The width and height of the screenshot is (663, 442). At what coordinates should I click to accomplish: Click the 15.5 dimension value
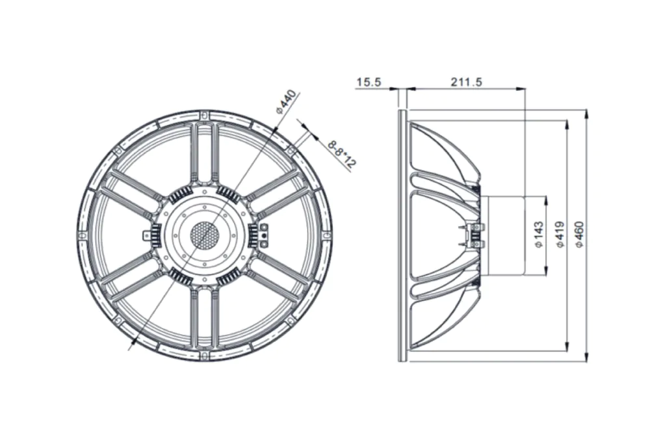coord(369,82)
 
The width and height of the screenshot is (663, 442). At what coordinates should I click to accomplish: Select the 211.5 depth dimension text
coord(466,82)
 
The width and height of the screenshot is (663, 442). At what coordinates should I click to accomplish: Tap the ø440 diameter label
coord(286,101)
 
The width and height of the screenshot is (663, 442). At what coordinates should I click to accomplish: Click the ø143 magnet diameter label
coord(539,235)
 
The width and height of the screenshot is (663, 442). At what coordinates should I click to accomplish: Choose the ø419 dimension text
coord(560,235)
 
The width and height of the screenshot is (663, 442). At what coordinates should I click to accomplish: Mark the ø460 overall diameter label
coord(579,235)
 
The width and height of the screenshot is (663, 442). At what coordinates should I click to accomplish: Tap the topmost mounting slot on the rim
coord(205,115)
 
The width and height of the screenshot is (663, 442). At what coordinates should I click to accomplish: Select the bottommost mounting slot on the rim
coord(205,354)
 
